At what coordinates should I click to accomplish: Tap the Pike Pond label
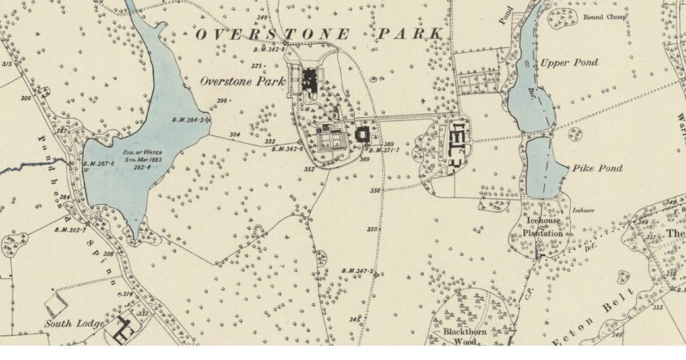595,169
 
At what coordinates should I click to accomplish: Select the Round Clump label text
604,17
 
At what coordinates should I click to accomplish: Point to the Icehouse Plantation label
543,227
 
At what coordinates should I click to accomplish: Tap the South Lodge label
74,324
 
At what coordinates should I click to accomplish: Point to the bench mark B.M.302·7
70,230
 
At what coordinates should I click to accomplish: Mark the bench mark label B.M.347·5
357,271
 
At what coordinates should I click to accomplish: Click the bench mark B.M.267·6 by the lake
99,163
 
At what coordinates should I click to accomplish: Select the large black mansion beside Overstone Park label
310,80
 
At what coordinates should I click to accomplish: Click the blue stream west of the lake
34,166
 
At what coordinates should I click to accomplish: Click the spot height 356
375,191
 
